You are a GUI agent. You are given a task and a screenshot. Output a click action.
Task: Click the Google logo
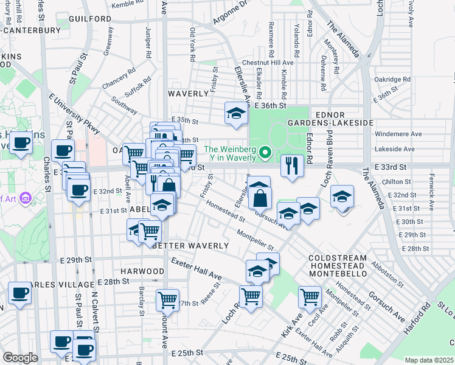click(20, 358)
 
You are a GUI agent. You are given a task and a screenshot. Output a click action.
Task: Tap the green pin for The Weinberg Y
click(265, 152)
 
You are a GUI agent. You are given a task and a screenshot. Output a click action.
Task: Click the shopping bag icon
click(260, 198)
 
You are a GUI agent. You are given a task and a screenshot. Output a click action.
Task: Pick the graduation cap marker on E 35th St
click(235, 113)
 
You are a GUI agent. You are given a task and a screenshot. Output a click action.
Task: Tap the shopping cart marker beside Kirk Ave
click(310, 297)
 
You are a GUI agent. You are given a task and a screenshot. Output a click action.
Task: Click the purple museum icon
click(26, 198)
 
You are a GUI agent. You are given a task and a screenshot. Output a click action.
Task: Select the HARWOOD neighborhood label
click(142, 271)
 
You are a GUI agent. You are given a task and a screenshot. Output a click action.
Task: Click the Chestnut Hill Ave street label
click(268, 63)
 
